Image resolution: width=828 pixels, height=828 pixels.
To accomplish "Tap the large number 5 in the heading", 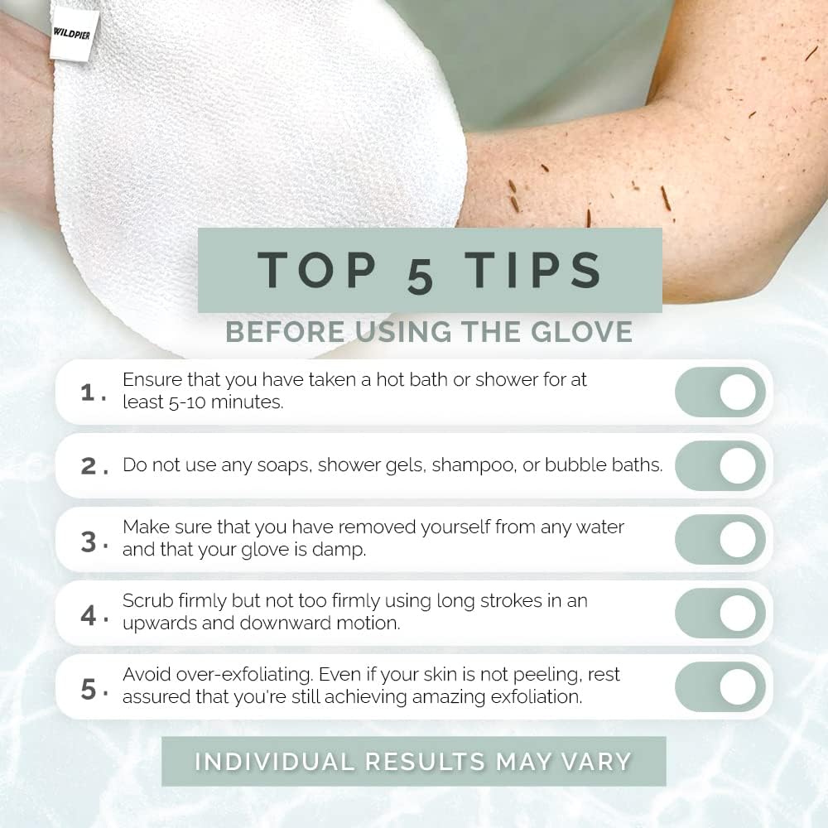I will click(420, 275).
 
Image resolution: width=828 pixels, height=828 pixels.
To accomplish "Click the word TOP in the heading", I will click(319, 270).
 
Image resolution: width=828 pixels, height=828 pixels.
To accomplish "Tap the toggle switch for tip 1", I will click(720, 392).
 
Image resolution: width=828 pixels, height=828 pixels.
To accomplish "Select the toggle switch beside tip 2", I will click(720, 465).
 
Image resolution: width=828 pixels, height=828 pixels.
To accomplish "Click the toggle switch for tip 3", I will click(720, 539).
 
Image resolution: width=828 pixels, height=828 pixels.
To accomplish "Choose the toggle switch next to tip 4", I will click(720, 613).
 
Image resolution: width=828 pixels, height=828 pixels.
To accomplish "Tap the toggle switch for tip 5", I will click(720, 686).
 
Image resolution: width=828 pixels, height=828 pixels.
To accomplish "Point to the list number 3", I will click(89, 542).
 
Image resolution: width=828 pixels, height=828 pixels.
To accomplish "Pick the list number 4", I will click(89, 615).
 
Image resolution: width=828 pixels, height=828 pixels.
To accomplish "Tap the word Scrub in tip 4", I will click(145, 601).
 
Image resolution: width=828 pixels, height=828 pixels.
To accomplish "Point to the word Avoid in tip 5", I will click(146, 675).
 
